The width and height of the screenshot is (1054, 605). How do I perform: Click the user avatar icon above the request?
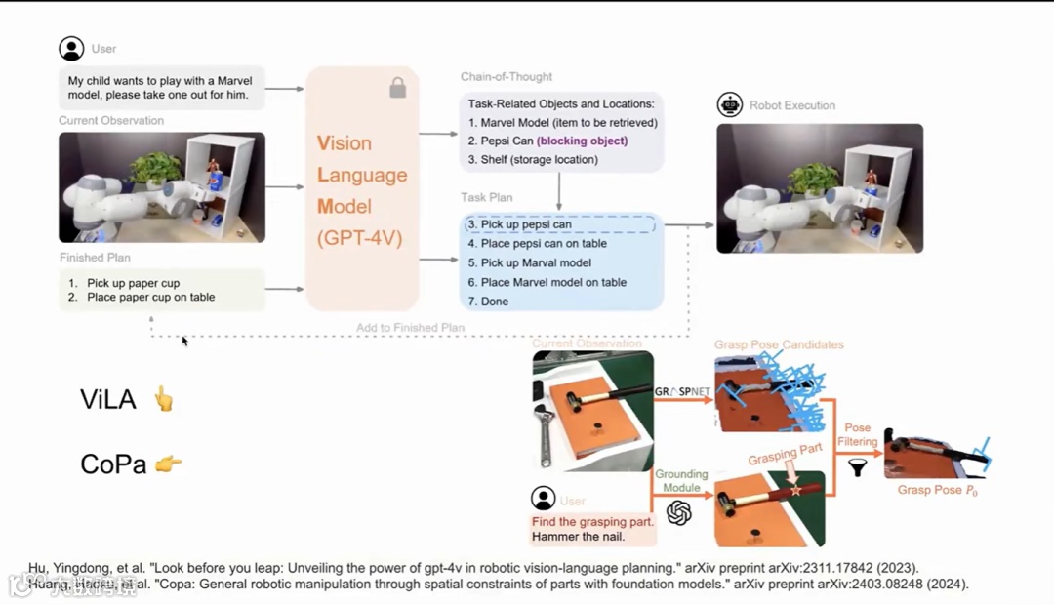[71, 49]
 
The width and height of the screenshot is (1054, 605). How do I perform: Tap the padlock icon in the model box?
[397, 89]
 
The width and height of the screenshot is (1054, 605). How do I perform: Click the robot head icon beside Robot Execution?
[729, 105]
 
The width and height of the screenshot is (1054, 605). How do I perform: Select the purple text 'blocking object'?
[582, 141]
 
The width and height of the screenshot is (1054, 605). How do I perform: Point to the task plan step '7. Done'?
[488, 302]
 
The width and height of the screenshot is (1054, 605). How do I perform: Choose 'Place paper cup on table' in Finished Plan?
[150, 297]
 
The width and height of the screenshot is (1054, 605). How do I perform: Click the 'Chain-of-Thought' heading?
[507, 77]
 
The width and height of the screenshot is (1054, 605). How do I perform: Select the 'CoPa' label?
[113, 464]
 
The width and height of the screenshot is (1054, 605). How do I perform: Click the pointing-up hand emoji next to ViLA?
[163, 398]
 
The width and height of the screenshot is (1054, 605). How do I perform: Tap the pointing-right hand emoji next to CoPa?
[168, 464]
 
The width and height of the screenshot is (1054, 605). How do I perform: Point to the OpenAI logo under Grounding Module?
[679, 512]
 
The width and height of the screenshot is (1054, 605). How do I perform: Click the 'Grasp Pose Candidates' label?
[779, 344]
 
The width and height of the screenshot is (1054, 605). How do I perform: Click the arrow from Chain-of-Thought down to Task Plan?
[559, 190]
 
